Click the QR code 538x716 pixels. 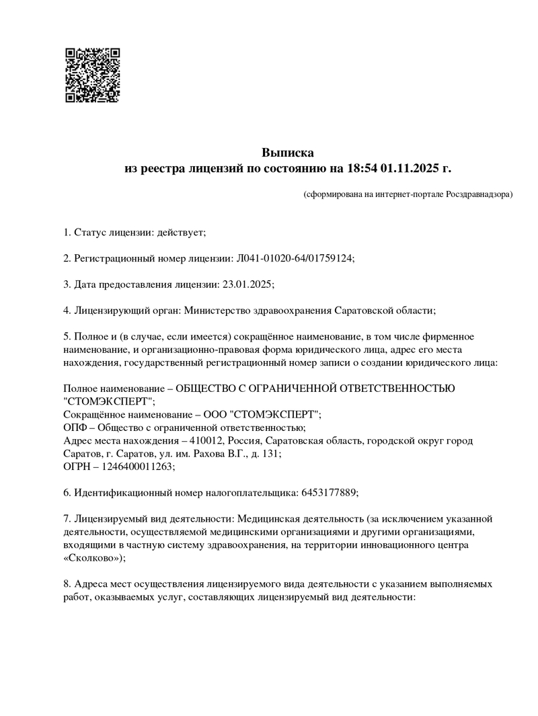(x=92, y=75)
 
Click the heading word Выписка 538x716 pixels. (x=287, y=153)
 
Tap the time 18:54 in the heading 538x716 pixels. (x=363, y=168)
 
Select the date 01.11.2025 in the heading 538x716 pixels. (x=411, y=168)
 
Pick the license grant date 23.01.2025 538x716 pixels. (x=246, y=284)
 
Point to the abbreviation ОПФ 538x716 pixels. (x=75, y=427)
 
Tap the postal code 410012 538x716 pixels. (x=206, y=440)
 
